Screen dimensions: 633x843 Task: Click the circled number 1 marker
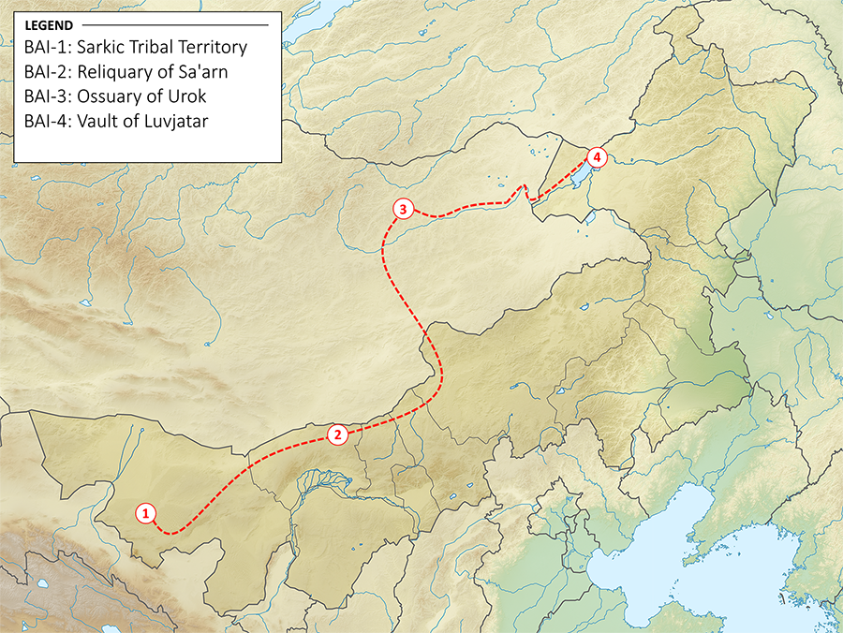(145, 512)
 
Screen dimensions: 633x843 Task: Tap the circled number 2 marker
(338, 434)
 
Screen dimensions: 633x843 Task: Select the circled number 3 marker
(402, 209)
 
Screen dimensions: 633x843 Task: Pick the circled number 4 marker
(599, 157)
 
